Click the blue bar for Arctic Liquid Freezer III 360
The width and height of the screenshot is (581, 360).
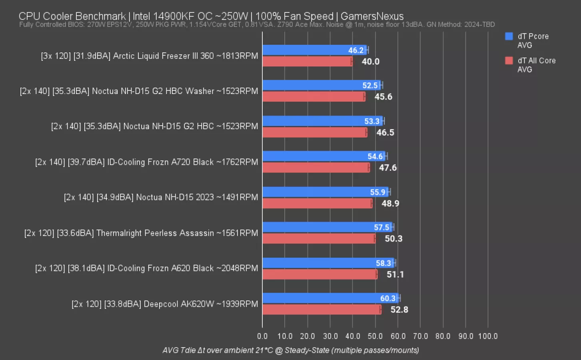[x=304, y=50]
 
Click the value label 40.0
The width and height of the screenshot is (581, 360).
[x=370, y=62]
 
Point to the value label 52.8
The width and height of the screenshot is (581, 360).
[x=399, y=310]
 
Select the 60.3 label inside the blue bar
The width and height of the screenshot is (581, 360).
[x=387, y=298]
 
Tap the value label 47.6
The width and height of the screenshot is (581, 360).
[x=387, y=168]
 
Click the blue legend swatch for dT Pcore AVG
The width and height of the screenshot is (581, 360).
[x=509, y=36]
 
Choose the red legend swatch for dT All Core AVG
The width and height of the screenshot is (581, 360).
[x=509, y=61]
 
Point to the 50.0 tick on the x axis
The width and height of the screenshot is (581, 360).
[x=375, y=336]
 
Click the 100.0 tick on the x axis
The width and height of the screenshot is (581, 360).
[x=488, y=336]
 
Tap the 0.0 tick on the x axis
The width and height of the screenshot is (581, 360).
[x=262, y=336]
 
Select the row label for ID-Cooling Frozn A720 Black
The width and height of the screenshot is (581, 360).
[x=146, y=162]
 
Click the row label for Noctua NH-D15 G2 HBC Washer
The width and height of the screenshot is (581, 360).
[x=139, y=91]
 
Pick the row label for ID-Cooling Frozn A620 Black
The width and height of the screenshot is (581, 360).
[x=146, y=268]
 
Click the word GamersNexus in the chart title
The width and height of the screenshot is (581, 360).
[x=372, y=16]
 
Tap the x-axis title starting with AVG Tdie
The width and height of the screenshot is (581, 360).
[x=290, y=350]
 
